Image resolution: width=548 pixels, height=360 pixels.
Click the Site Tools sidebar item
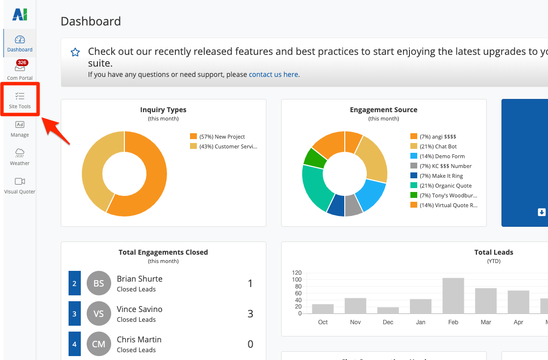pos(20,99)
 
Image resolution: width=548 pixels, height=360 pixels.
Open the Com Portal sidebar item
pos(20,71)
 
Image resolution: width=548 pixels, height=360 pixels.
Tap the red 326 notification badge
pos(22,63)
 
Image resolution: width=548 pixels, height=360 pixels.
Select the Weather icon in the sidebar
pos(20,152)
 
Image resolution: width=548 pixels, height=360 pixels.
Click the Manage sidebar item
pos(20,128)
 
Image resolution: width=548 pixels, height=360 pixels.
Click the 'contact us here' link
pos(274,74)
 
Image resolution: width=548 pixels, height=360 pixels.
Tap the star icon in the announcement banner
pos(75,52)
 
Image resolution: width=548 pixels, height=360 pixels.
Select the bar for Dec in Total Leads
pos(388,310)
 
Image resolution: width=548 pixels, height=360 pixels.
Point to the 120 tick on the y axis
pos(296,273)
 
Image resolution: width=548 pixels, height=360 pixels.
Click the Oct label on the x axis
pos(323,322)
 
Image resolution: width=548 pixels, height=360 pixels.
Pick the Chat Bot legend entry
pos(438,146)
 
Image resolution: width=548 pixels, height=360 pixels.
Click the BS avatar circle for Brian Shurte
pos(98,283)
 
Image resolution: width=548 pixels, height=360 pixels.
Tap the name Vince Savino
pos(140,309)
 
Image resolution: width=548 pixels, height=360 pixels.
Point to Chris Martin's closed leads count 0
pos(250,344)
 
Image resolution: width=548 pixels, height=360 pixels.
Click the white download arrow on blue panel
pos(542,212)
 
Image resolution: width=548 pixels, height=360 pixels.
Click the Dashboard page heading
pos(91,22)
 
